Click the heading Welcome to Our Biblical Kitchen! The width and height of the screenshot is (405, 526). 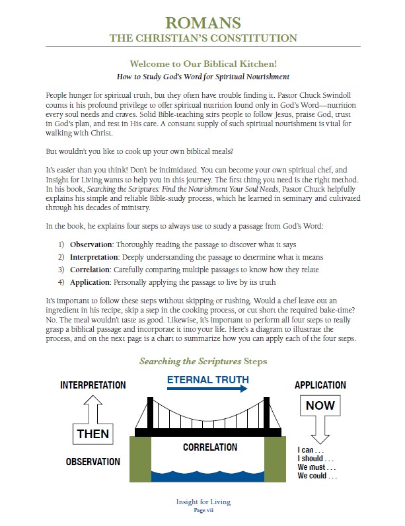pos(202,65)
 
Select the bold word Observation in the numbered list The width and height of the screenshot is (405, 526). pos(91,244)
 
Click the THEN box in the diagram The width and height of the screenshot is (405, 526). pos(92,435)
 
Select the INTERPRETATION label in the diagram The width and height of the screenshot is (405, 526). pos(92,385)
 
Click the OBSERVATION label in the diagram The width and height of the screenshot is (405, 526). pos(92,461)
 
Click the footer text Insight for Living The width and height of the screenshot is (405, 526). pos(202,502)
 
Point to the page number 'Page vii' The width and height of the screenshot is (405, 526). pos(202,510)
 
